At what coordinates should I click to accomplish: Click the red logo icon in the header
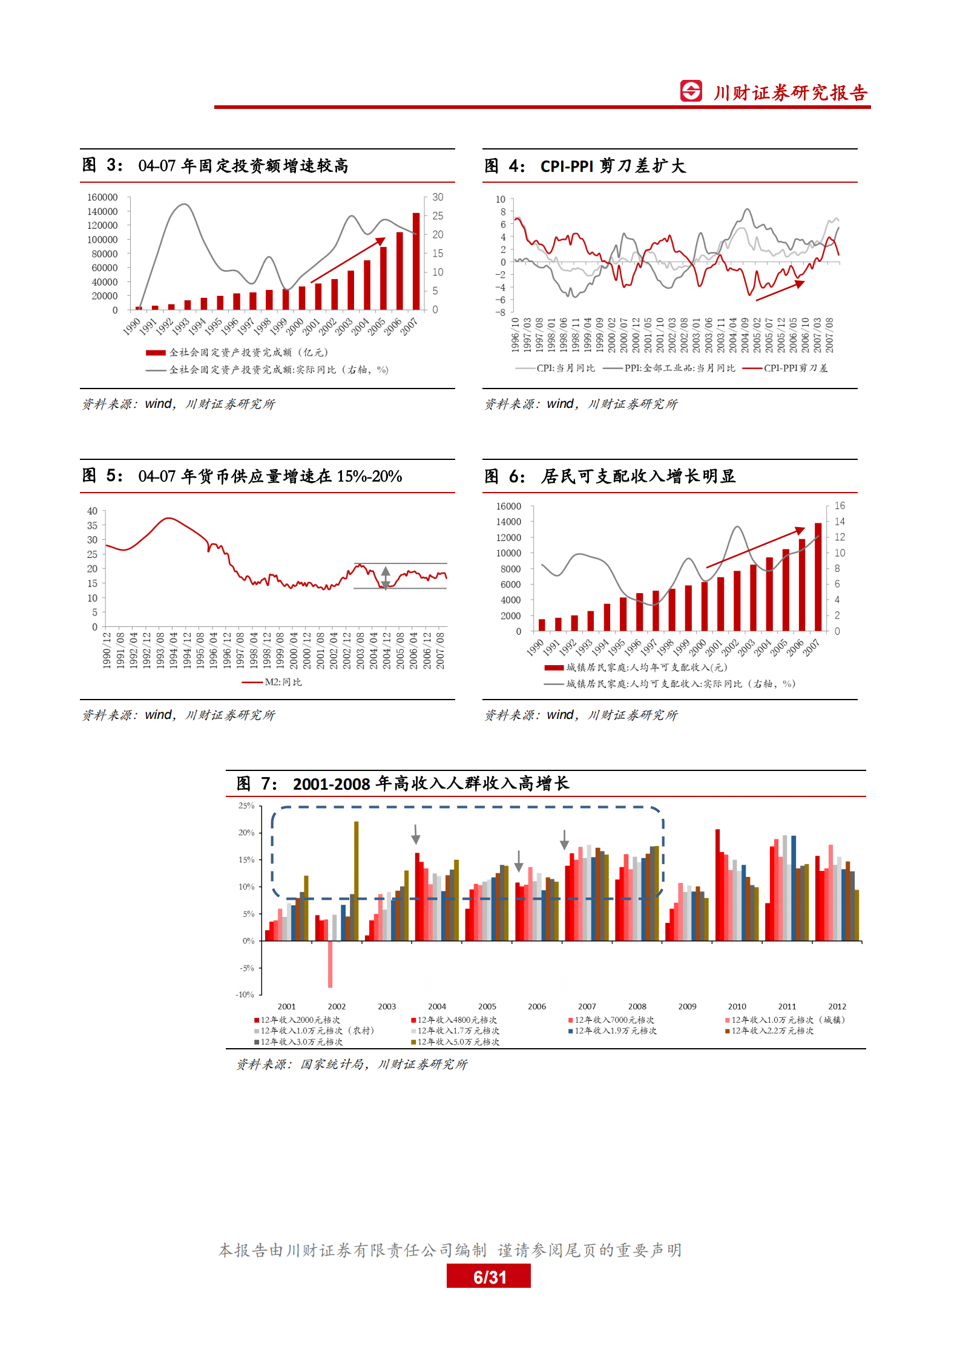(691, 91)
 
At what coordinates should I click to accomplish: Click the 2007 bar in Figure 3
(416, 261)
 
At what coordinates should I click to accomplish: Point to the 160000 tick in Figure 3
(102, 197)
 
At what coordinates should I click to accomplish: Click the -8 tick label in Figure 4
(500, 312)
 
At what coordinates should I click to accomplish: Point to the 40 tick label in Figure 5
(92, 511)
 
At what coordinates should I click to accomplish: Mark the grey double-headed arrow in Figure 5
(386, 577)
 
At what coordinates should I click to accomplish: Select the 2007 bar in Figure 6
(818, 577)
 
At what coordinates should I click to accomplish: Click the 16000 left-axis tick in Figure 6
(508, 506)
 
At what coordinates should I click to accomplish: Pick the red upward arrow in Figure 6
(755, 548)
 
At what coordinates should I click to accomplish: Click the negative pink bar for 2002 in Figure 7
(330, 964)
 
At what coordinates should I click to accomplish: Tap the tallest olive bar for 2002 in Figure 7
(356, 881)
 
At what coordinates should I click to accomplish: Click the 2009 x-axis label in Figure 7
(687, 1006)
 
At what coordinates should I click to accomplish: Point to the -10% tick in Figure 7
(245, 994)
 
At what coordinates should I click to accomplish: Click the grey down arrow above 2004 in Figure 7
(416, 834)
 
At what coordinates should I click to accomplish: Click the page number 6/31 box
(488, 1277)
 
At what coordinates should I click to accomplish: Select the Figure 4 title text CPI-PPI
(567, 166)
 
